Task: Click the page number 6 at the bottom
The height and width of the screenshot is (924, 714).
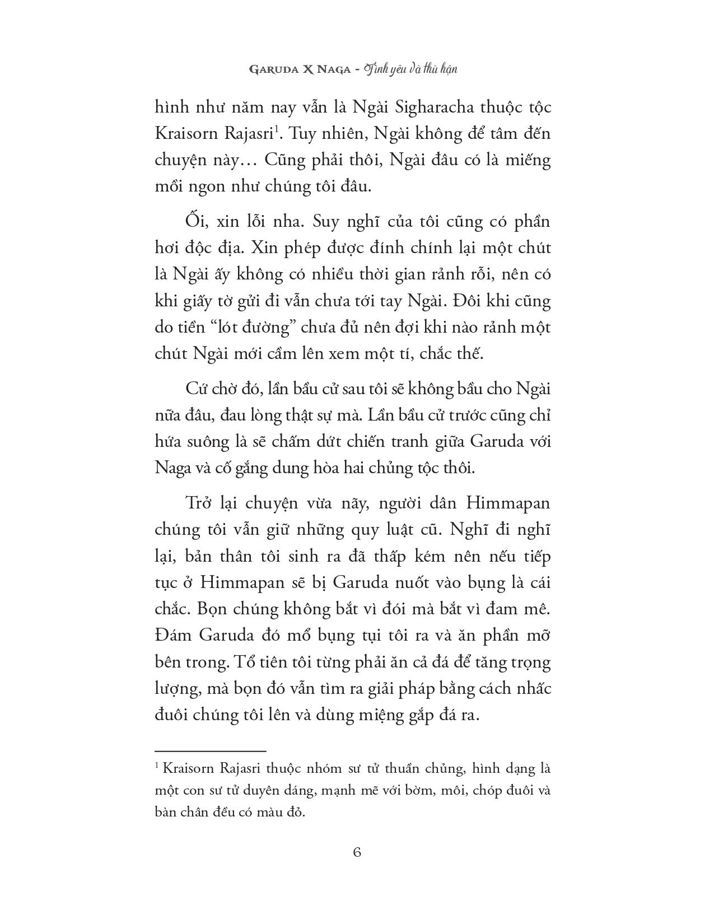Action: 357,852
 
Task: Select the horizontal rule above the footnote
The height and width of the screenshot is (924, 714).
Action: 210,751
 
